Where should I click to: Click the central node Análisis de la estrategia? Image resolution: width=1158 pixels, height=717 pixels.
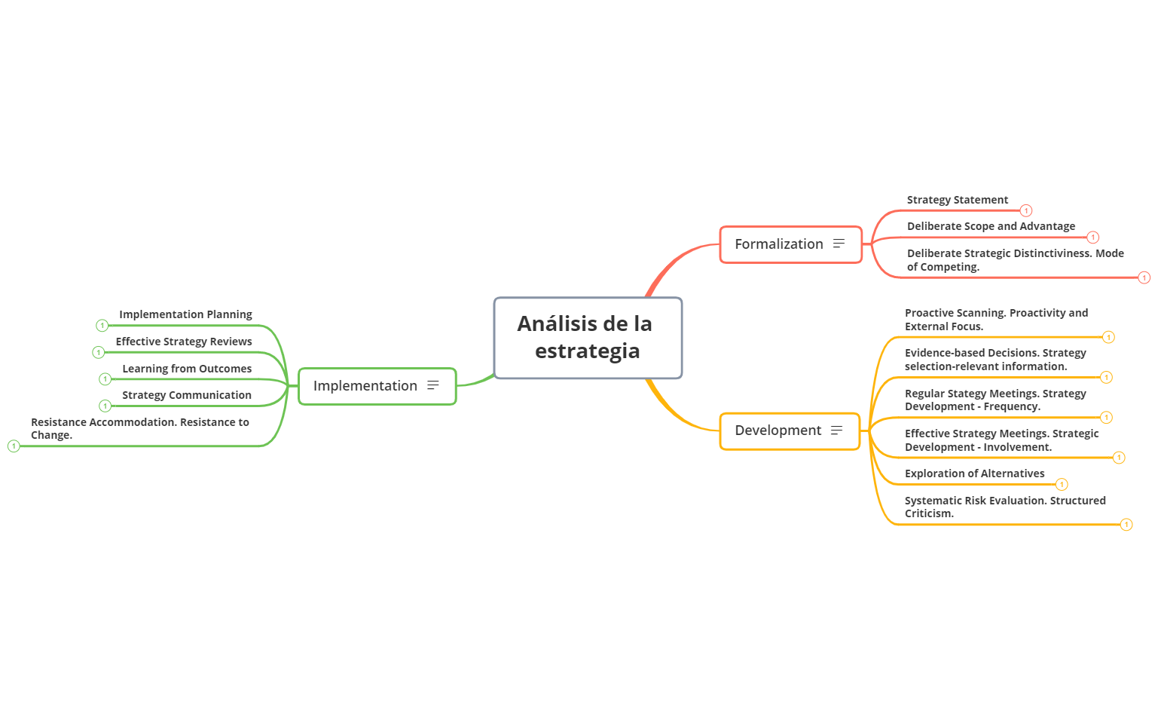(x=588, y=338)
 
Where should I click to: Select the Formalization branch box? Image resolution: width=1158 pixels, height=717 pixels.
(x=780, y=244)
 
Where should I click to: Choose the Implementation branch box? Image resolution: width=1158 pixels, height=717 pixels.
(x=365, y=386)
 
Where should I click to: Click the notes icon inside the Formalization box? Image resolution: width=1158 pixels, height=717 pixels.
(x=839, y=244)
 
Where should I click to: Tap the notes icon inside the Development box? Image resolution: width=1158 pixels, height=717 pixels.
(x=836, y=431)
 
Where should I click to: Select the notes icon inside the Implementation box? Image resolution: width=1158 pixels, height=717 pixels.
(x=432, y=385)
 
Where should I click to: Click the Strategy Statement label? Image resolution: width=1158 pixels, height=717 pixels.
(x=957, y=200)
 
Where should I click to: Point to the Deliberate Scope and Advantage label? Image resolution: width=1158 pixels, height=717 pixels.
(x=991, y=226)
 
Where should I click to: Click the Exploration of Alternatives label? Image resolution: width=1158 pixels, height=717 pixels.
(x=974, y=473)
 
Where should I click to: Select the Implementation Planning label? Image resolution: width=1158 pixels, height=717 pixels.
(x=185, y=314)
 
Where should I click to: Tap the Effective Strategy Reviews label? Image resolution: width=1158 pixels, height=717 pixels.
(x=184, y=342)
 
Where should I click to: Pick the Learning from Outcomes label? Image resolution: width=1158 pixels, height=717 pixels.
(x=187, y=369)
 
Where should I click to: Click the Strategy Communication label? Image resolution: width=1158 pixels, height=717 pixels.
(x=187, y=395)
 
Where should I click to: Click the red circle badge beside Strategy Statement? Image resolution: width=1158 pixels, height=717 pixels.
(x=1026, y=211)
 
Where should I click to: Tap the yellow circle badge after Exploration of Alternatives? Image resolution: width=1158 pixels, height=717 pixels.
(x=1062, y=484)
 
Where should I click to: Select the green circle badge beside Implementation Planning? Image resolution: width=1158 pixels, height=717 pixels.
(x=102, y=326)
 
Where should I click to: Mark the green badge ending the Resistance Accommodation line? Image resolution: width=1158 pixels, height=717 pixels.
(x=14, y=446)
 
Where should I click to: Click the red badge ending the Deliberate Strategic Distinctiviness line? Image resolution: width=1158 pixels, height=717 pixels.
(x=1144, y=278)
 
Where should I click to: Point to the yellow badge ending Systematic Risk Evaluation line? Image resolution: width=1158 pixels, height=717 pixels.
(x=1126, y=525)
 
